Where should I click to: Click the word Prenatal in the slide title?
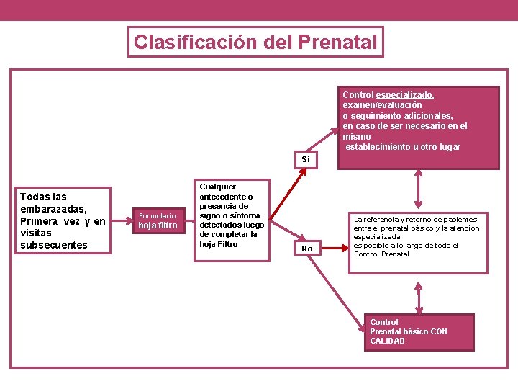336,43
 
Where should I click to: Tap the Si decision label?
306,160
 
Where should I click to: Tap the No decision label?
307,249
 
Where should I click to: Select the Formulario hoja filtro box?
158,220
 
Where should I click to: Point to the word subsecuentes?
54,245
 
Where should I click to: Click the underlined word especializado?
404,95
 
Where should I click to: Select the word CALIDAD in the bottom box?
387,341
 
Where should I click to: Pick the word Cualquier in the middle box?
217,187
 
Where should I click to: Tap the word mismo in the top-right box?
357,136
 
